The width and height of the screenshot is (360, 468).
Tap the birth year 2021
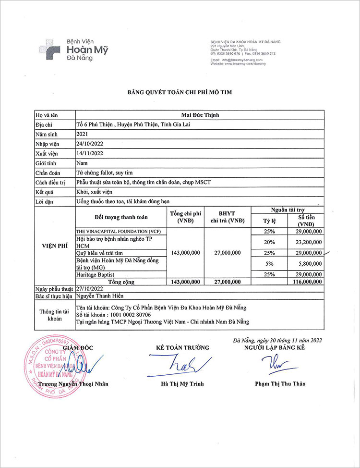coord(83,135)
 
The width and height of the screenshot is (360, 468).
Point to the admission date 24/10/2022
coord(90,144)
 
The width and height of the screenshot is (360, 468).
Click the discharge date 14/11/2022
coord(90,153)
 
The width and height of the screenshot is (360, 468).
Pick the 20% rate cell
coord(269,242)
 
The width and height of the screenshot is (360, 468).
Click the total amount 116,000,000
coord(305,282)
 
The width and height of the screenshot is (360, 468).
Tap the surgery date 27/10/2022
coord(90,289)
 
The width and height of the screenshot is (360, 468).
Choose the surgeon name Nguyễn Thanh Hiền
coord(100,296)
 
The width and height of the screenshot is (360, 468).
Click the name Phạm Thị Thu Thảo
coord(280,383)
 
